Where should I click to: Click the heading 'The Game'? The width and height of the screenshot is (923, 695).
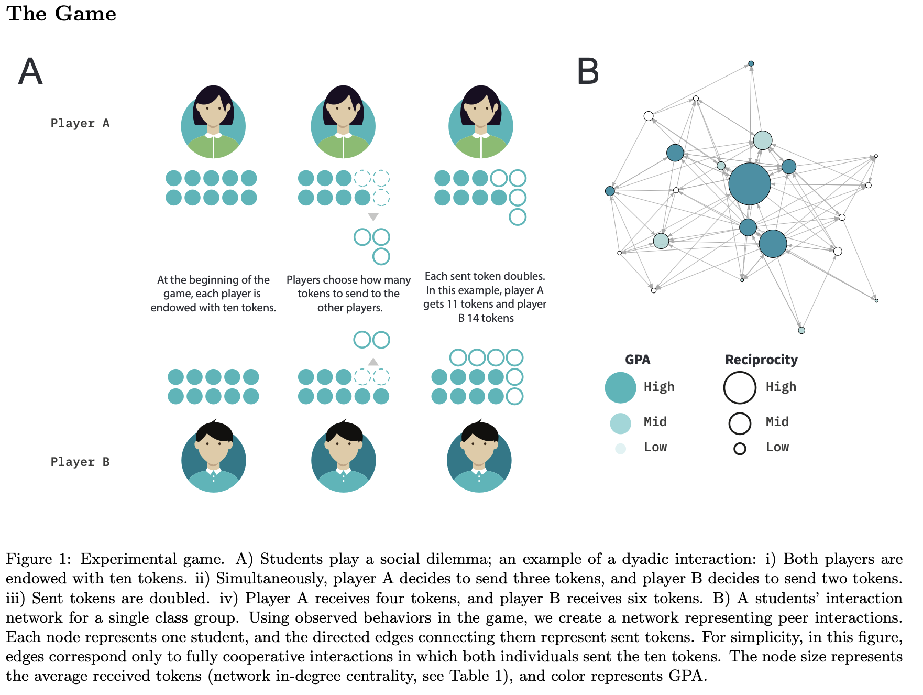61,14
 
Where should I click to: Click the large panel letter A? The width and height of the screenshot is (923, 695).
30,71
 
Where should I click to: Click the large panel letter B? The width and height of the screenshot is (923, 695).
588,71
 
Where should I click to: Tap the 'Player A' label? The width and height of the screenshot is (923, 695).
80,123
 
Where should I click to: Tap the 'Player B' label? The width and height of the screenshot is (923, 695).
80,462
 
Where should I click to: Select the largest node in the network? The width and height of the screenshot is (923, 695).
750,183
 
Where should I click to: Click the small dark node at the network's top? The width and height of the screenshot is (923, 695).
751,63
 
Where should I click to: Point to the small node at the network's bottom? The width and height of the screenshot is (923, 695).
801,330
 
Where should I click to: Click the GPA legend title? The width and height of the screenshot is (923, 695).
638,360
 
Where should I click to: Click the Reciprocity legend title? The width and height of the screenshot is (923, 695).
761,360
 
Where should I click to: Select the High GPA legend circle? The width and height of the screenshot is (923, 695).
620,387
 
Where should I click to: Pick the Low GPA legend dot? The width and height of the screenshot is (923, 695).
621,449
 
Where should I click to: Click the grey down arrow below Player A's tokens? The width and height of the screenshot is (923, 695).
373,217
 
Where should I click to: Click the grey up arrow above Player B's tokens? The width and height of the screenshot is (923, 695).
373,362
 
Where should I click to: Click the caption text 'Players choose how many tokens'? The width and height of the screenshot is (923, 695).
349,287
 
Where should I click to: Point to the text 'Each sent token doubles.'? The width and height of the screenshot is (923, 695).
485,276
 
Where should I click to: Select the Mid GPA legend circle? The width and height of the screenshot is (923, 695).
620,423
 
